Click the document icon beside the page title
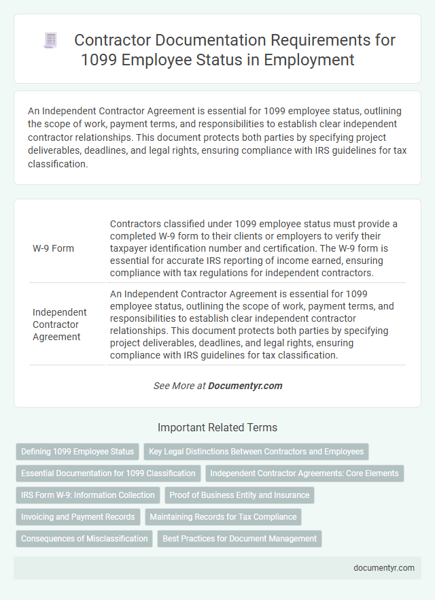[x=50, y=41]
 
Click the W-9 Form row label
[x=53, y=248]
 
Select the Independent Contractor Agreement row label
[x=60, y=324]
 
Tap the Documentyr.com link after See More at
[x=245, y=386]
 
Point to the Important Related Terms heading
[x=217, y=428]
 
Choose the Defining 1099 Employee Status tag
[x=77, y=451]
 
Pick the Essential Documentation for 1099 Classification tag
[x=108, y=473]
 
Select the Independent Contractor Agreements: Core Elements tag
[x=304, y=473]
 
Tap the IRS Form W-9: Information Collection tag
[x=87, y=495]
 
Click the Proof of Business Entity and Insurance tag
[x=239, y=495]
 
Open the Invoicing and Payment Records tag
[x=77, y=517]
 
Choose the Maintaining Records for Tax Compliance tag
[x=223, y=517]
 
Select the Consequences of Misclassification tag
[x=84, y=539]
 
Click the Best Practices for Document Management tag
[x=239, y=539]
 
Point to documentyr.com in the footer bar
[x=384, y=568]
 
